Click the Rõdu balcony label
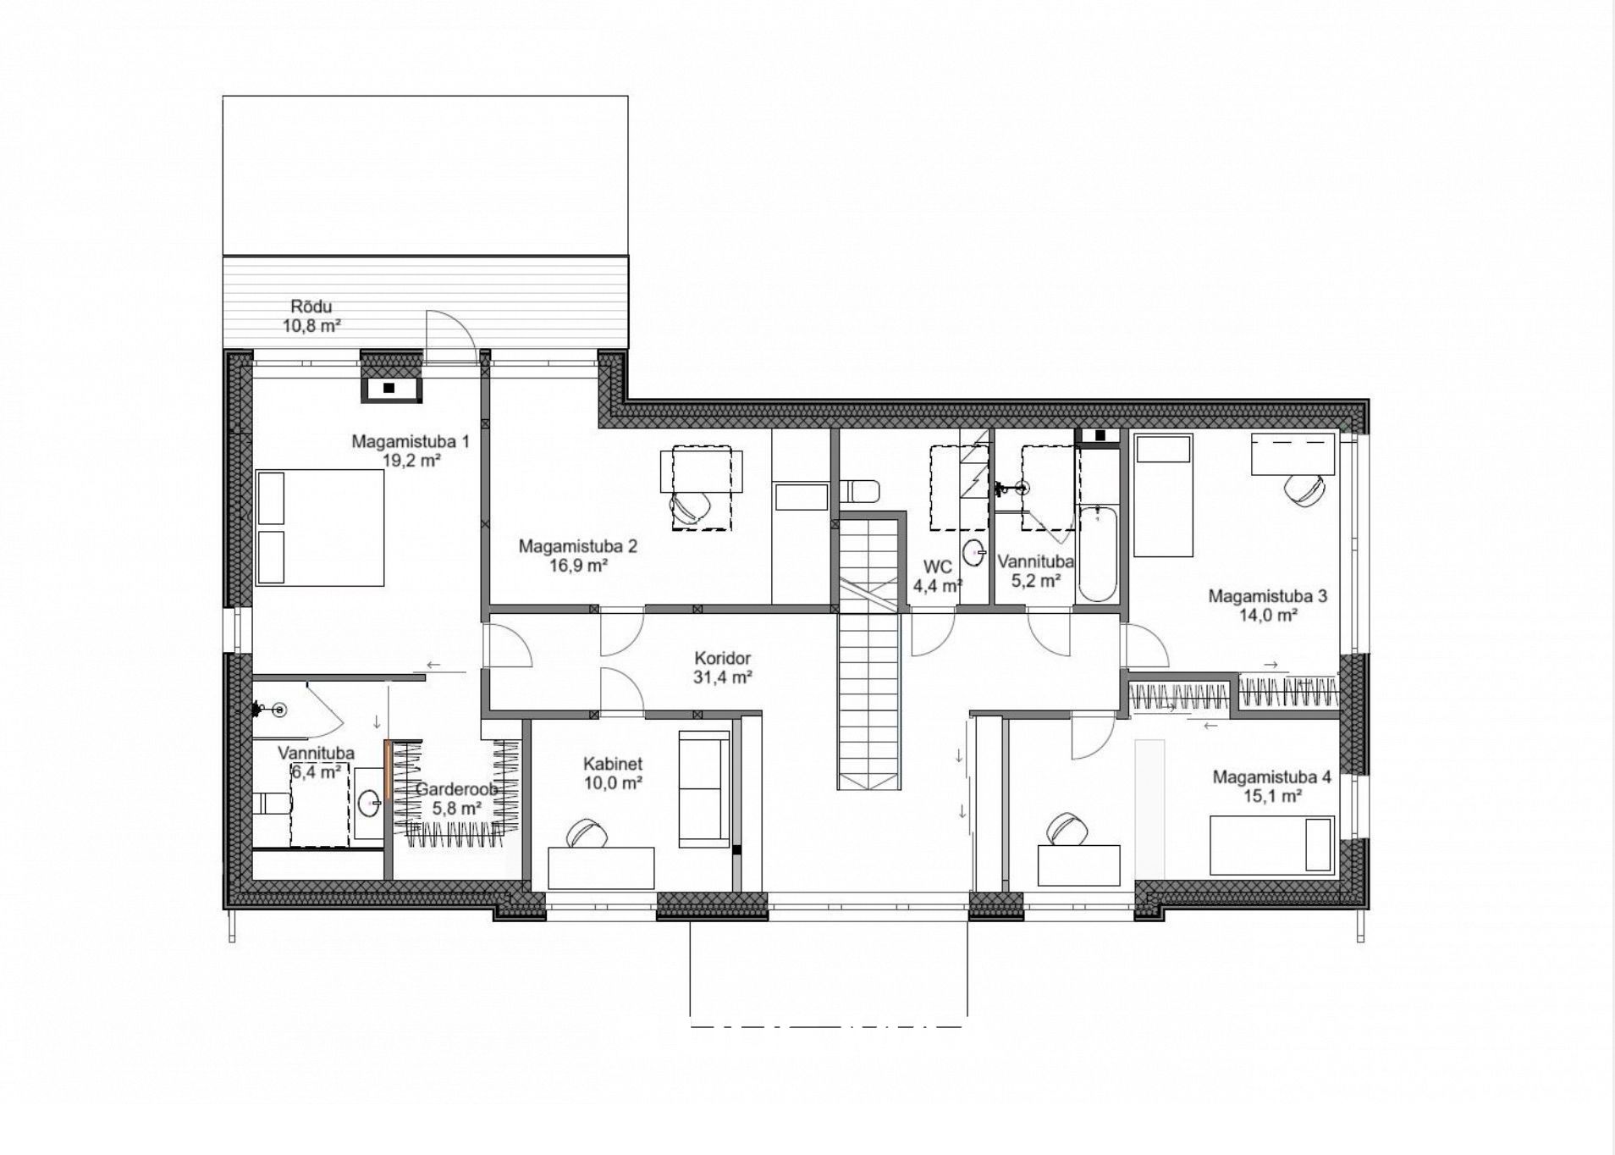(x=311, y=307)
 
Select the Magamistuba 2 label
(x=578, y=546)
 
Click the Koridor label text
(x=722, y=658)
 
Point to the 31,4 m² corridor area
(x=723, y=677)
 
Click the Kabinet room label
(x=613, y=764)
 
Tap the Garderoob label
(x=456, y=789)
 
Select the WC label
(x=939, y=566)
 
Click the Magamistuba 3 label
(x=1267, y=596)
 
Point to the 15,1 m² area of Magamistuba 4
(x=1271, y=796)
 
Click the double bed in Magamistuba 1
(x=320, y=528)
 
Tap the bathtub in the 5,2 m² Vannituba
(x=1097, y=553)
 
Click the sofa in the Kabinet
(x=704, y=788)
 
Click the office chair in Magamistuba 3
(x=1304, y=489)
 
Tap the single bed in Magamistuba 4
(x=1272, y=845)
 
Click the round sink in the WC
(x=976, y=551)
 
